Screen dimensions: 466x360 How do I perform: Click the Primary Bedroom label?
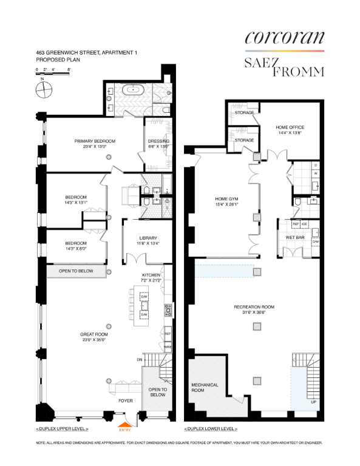pyautogui.click(x=95, y=141)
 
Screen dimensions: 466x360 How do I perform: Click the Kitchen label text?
pyautogui.click(x=151, y=275)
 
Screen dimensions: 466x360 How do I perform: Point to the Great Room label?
pyautogui.click(x=94, y=333)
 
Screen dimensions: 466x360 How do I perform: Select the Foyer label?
pyautogui.click(x=126, y=401)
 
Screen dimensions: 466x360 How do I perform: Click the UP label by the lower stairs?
pyautogui.click(x=313, y=402)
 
